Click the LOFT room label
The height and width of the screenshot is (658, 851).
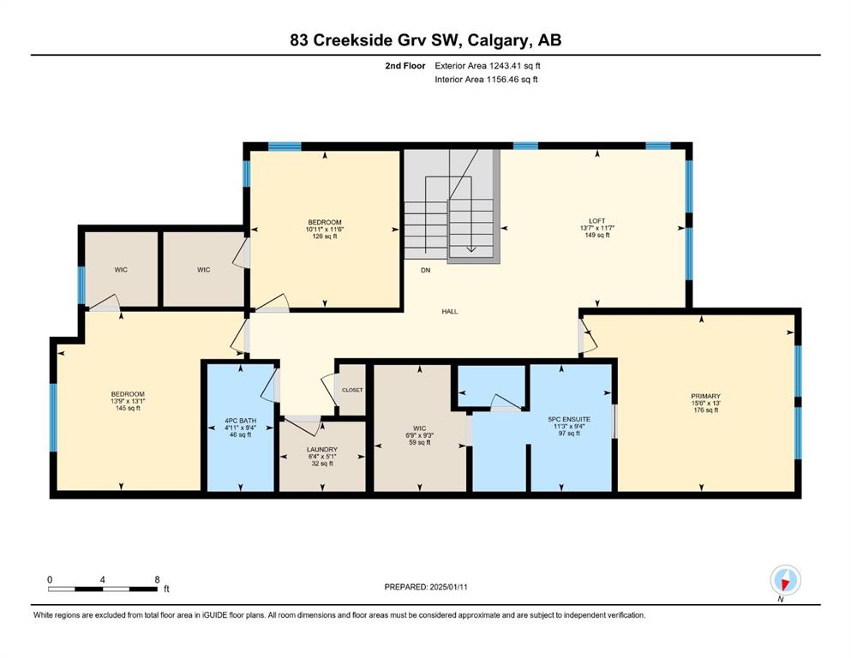coord(597,221)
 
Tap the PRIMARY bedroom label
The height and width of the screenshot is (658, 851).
coord(705,396)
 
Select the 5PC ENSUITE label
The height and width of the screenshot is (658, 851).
coord(569,419)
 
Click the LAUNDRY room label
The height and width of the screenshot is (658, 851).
coord(322,450)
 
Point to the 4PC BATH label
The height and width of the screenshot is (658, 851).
coord(241,421)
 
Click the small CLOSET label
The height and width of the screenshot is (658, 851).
coord(352,390)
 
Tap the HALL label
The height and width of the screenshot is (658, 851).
coord(449,311)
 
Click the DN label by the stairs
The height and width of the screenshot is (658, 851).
coord(425,270)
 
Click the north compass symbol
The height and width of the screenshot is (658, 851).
coord(785,580)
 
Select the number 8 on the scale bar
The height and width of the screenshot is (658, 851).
coord(158,579)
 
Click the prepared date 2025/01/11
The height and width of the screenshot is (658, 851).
coord(448,587)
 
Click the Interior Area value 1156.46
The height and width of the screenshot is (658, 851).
coord(505,79)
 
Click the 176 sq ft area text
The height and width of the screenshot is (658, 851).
coord(705,410)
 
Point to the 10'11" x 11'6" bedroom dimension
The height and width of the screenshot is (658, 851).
coord(325,229)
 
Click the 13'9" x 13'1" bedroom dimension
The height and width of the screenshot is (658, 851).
coord(128,401)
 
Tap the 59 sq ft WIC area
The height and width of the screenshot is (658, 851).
coord(419,442)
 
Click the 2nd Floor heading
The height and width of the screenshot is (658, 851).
coord(405,66)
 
